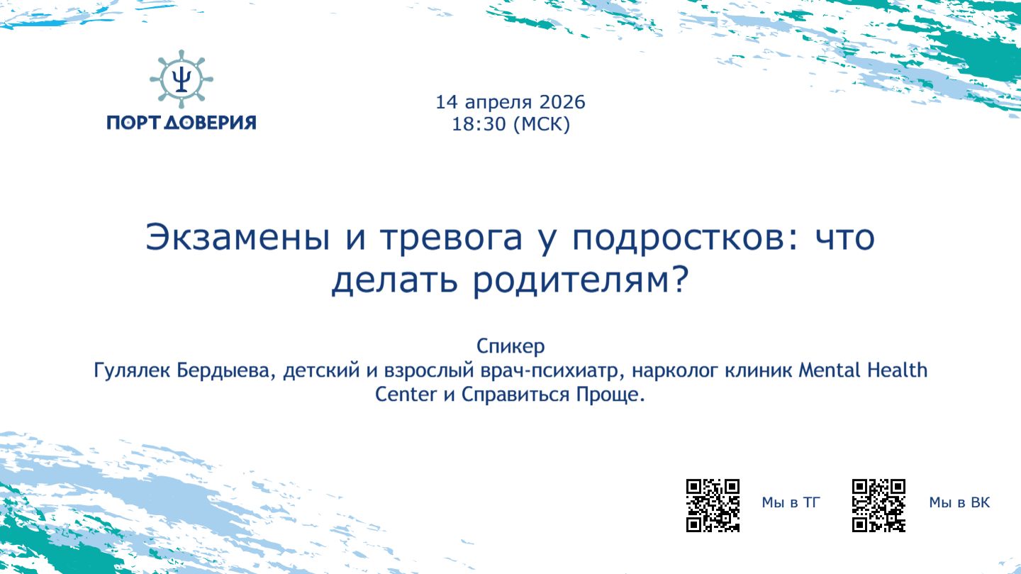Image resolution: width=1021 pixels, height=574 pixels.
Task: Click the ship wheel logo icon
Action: coord(182,79)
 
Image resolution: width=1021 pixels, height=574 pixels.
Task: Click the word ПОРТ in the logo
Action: coord(134,122)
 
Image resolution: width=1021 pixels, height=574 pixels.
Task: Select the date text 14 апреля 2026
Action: coord(510,102)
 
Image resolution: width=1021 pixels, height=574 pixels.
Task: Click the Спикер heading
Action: coord(510,347)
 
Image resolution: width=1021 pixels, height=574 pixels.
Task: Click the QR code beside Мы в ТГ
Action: coord(713,506)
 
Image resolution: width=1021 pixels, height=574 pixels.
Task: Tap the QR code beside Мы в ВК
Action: coord(879,506)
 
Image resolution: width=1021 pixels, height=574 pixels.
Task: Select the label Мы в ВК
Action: coord(959,503)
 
